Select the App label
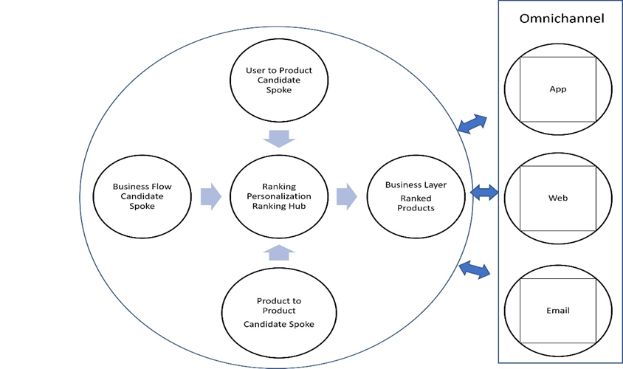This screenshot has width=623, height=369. (x=557, y=89)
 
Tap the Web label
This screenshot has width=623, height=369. (x=557, y=199)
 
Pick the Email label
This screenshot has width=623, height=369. (x=557, y=311)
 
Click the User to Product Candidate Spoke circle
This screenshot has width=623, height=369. (x=279, y=80)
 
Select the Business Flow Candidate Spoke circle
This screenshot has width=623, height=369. (x=142, y=196)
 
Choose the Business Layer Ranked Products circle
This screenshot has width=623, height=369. (x=416, y=196)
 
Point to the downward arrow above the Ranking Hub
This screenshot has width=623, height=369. (x=279, y=138)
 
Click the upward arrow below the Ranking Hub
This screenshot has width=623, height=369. (x=279, y=253)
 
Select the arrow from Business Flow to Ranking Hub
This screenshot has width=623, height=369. (x=210, y=196)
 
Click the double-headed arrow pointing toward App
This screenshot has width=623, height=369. (x=472, y=124)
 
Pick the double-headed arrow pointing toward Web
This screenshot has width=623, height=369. (x=484, y=193)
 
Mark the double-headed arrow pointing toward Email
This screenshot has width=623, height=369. (x=474, y=269)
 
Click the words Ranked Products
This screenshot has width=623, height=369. (x=416, y=203)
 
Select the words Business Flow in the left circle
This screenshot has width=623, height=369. (x=142, y=187)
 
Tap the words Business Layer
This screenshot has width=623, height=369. (x=416, y=184)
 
